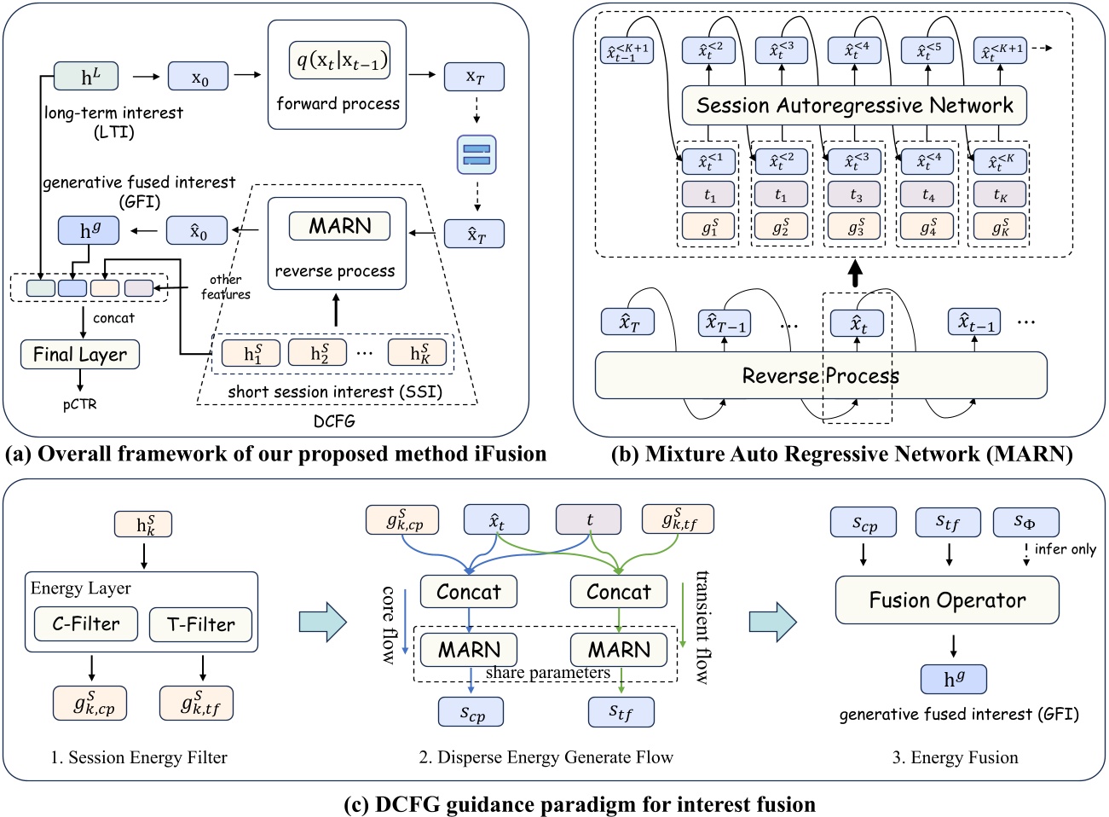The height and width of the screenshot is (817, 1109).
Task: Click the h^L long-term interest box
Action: coord(86,77)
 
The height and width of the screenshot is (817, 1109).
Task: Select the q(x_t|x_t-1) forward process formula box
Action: coord(339,60)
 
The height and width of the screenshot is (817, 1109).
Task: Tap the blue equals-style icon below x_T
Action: coord(477,154)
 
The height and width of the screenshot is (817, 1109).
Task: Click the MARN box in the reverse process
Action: coord(339,226)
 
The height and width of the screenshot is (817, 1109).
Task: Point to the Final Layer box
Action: coord(79,354)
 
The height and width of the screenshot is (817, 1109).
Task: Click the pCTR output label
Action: coord(79,404)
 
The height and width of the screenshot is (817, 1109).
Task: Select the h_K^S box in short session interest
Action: coord(418,353)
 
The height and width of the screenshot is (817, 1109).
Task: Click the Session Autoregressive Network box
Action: coord(854,106)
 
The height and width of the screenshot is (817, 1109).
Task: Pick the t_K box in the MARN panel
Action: coord(1000,194)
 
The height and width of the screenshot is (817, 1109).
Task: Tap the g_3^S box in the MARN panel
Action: coord(854,227)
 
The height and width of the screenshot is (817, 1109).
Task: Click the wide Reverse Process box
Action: coord(820,375)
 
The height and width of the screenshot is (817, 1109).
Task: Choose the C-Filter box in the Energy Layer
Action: coord(86,624)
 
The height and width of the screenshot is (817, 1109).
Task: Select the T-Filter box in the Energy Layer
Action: coord(201,624)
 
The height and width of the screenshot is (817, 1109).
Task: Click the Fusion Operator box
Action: coord(947,600)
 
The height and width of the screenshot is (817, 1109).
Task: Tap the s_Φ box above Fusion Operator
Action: coord(1025,522)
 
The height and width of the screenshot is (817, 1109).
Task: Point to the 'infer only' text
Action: coord(1065,549)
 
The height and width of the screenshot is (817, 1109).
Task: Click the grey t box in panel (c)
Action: coord(589,519)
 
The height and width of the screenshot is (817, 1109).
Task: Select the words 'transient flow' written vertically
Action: coord(702,627)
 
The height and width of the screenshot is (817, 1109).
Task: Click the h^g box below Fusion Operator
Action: coord(954,680)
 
